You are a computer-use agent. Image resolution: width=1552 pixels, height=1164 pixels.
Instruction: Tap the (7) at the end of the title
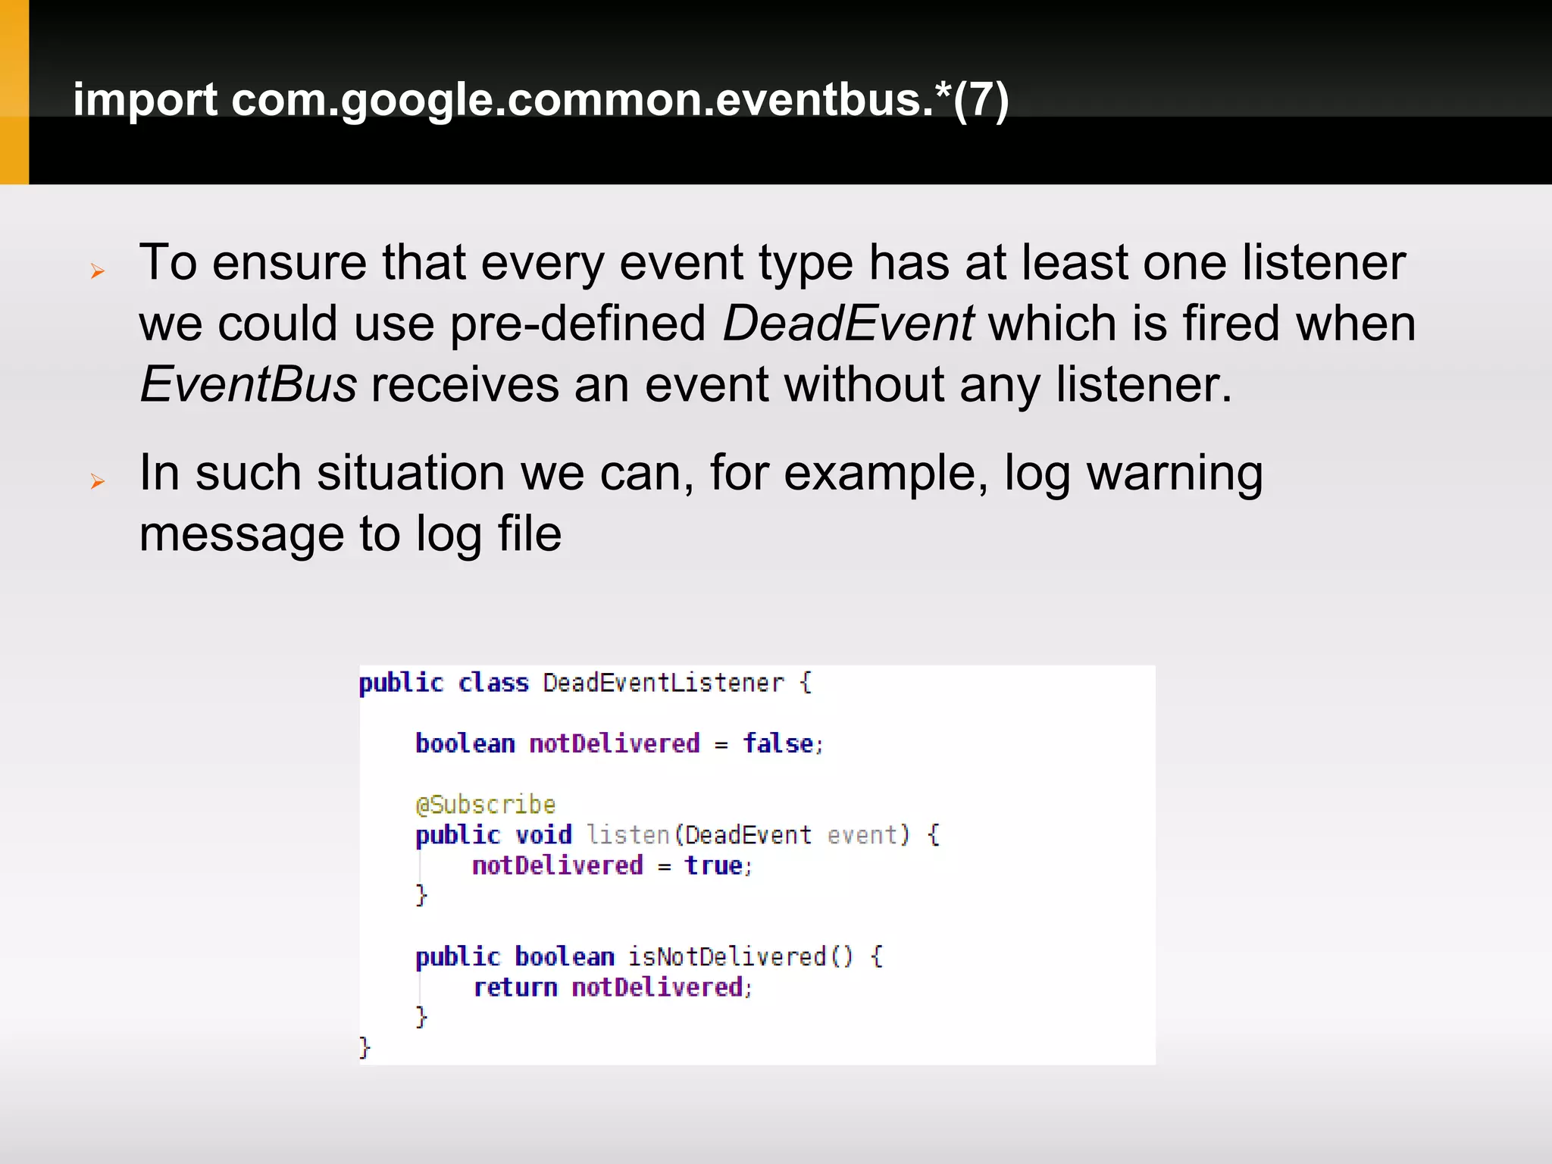981,100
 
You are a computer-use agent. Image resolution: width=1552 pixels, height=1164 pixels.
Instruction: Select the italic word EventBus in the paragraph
248,384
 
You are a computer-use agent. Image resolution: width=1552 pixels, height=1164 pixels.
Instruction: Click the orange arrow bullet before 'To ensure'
97,271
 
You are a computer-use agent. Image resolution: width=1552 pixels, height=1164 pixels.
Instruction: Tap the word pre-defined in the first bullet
577,324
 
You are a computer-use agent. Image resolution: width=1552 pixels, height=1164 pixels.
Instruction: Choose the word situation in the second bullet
410,474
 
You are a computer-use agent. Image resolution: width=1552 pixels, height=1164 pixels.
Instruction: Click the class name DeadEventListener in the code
663,683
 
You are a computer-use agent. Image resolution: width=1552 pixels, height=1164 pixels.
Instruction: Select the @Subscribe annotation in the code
486,804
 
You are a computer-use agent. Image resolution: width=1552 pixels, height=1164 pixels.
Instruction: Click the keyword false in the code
778,743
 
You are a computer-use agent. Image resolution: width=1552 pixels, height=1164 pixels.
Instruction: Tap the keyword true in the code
714,865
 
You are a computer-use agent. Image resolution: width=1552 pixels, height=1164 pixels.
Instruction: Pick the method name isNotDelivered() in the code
740,956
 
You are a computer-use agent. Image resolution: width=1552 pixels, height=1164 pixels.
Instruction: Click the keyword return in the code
515,987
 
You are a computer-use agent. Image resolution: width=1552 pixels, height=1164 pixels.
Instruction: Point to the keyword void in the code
543,835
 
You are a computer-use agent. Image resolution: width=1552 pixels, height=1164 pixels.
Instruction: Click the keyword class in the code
493,683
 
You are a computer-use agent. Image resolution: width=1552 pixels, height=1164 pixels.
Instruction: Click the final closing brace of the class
365,1048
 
